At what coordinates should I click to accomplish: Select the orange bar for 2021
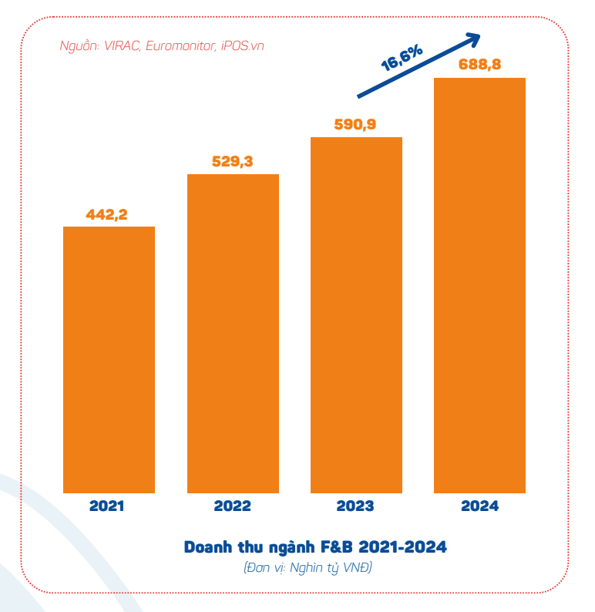coord(109,359)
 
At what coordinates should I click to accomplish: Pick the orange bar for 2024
coord(479,285)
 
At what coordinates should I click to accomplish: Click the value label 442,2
coord(106,215)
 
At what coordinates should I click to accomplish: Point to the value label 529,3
coord(232,162)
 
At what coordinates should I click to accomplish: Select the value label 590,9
coord(355,124)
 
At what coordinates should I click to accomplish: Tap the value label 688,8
coord(479,65)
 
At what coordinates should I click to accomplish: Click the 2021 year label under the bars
coord(106,506)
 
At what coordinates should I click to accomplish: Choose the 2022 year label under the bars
coord(232,506)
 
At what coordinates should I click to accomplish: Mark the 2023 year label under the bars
coord(355,506)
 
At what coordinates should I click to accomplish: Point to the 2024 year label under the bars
coord(479,506)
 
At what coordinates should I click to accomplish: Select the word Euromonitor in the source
coord(182,45)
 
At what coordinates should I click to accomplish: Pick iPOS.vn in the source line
coord(242,45)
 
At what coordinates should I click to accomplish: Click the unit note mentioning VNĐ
coord(308,568)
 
